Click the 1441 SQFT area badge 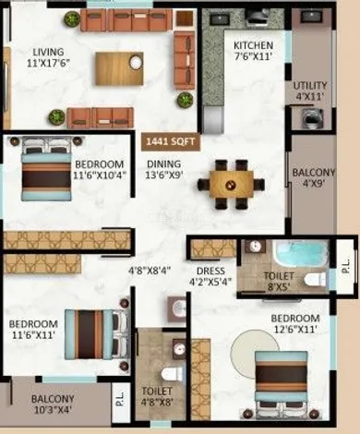coord(171,141)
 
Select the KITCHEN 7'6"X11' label coord(254,51)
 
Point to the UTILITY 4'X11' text coord(310,91)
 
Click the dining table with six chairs coord(232,185)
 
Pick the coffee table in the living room coord(119,68)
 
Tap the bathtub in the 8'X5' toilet coord(302,254)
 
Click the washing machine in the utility coord(312,117)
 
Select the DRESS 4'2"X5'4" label coord(210,276)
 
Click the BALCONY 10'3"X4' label coord(53,404)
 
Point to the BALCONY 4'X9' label coord(313,178)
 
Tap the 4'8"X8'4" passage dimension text coord(150,271)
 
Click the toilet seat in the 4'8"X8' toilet coord(169,374)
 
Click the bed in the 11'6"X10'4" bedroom coord(46,169)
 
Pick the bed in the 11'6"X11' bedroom coord(96,334)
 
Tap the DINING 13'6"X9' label coord(164,169)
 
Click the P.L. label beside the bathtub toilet coord(345,266)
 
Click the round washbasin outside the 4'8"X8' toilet coord(178,307)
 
